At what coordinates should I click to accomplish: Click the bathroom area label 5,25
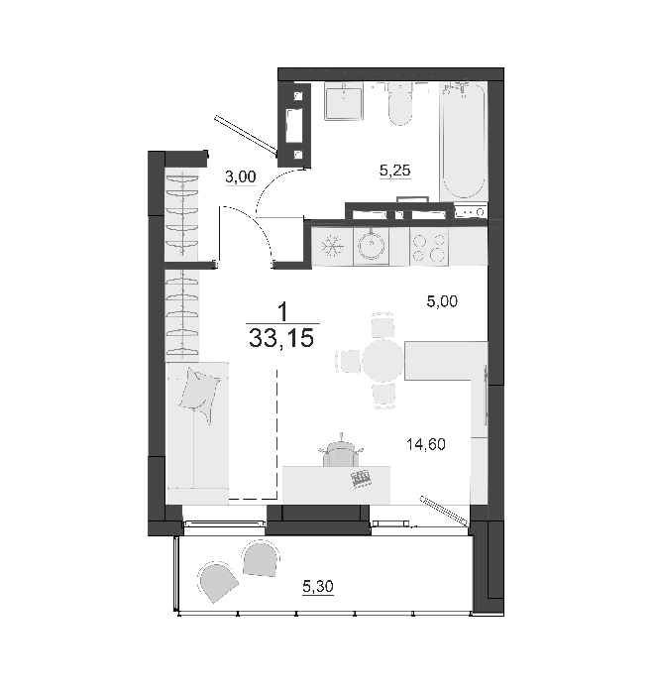(395, 170)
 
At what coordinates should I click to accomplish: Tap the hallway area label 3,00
(240, 176)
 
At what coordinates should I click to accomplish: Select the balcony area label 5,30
(317, 587)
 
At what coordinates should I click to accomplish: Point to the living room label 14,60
(426, 444)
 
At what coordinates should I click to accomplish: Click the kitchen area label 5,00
(442, 301)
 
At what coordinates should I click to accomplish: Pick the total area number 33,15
(281, 339)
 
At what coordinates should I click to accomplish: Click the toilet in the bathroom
(400, 103)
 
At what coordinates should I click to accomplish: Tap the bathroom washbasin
(344, 101)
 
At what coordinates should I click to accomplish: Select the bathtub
(463, 141)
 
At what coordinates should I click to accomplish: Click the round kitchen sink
(371, 246)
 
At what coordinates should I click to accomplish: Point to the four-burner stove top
(429, 247)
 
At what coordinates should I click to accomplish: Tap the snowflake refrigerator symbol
(332, 246)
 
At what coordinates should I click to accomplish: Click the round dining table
(383, 361)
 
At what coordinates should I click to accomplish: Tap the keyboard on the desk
(361, 479)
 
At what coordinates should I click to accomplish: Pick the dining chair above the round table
(382, 326)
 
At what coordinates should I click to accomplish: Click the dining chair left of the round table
(349, 361)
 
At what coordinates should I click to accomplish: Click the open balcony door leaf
(445, 511)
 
